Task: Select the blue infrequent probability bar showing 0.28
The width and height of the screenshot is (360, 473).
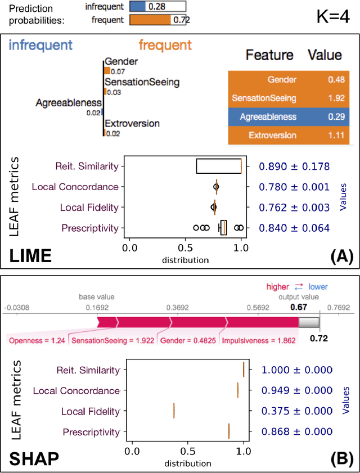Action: (138, 7)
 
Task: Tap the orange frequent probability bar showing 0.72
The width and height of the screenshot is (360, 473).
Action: (150, 20)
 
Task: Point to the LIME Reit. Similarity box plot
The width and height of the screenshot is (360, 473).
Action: (219, 166)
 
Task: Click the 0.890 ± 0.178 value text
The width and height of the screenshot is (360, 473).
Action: (294, 166)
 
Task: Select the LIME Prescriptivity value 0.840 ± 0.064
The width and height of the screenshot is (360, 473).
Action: (294, 228)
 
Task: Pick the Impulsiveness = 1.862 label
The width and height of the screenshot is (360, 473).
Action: (258, 341)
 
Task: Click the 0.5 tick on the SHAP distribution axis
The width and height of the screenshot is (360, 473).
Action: (188, 451)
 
